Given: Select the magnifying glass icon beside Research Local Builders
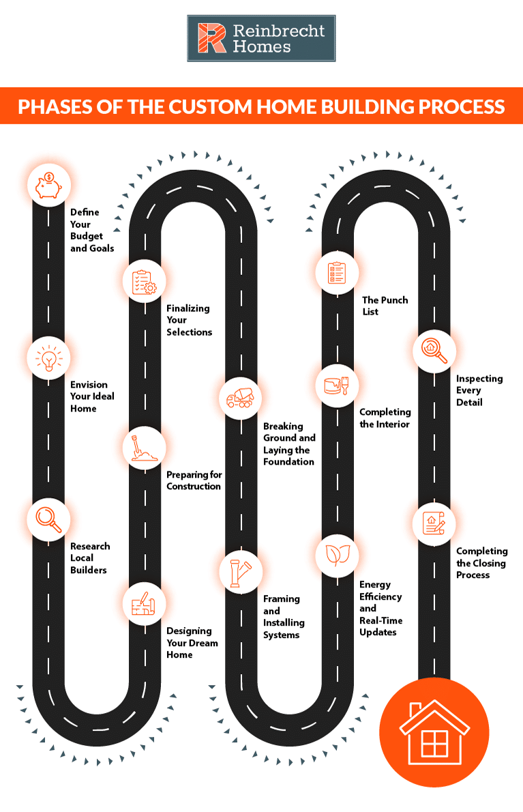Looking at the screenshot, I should click(x=48, y=519).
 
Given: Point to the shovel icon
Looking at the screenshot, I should click(x=144, y=448).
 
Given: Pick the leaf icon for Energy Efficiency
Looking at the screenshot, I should click(x=337, y=555).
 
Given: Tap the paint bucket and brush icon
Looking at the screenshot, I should click(x=337, y=385).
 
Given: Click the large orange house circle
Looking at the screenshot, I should click(x=434, y=732).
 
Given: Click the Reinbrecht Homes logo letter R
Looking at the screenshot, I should click(x=211, y=38).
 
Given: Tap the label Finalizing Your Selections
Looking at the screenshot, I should click(x=189, y=320).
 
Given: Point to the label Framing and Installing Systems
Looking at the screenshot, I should click(x=284, y=617).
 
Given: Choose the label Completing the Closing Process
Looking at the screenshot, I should click(x=481, y=563).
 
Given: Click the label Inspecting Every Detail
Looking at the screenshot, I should click(x=479, y=390).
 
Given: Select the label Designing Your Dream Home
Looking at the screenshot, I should click(x=192, y=643).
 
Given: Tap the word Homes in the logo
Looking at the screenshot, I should click(x=262, y=46).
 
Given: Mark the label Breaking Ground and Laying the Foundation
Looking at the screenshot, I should click(x=289, y=444).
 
